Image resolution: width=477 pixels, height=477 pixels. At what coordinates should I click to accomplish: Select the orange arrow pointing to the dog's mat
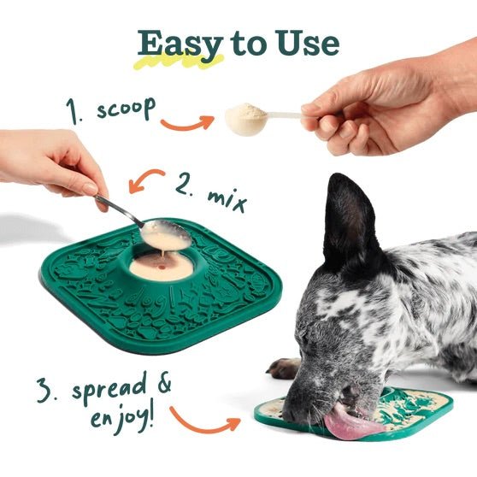[205, 420]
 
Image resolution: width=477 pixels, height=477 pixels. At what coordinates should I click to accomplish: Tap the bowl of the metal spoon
[163, 233]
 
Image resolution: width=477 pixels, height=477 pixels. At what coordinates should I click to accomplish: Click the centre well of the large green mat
[160, 265]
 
